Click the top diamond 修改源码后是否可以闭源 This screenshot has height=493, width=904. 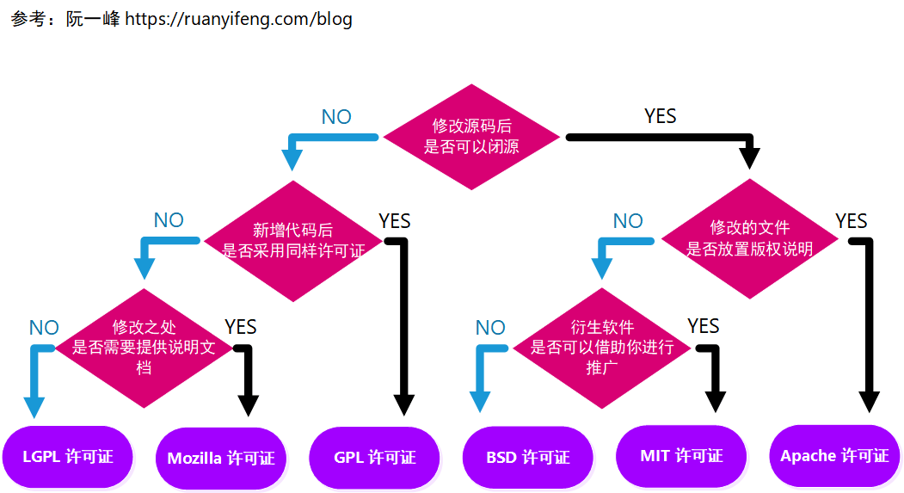471,137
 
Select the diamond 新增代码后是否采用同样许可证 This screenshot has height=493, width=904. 293,241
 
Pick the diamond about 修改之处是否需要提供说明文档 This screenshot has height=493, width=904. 144,348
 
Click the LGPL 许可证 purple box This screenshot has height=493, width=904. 68,457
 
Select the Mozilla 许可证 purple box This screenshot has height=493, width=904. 221,458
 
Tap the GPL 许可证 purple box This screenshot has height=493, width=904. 374,458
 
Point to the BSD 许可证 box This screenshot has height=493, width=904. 527,458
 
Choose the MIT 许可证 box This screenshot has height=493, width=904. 681,456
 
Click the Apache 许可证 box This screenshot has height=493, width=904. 834,456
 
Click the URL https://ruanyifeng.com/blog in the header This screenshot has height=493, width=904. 238,19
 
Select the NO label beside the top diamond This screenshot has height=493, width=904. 336,117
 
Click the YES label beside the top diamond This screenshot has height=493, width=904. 661,116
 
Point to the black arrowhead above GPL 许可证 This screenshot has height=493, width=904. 404,405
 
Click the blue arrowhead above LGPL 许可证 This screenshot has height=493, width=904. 34,407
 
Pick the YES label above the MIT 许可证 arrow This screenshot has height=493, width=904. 704,326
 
